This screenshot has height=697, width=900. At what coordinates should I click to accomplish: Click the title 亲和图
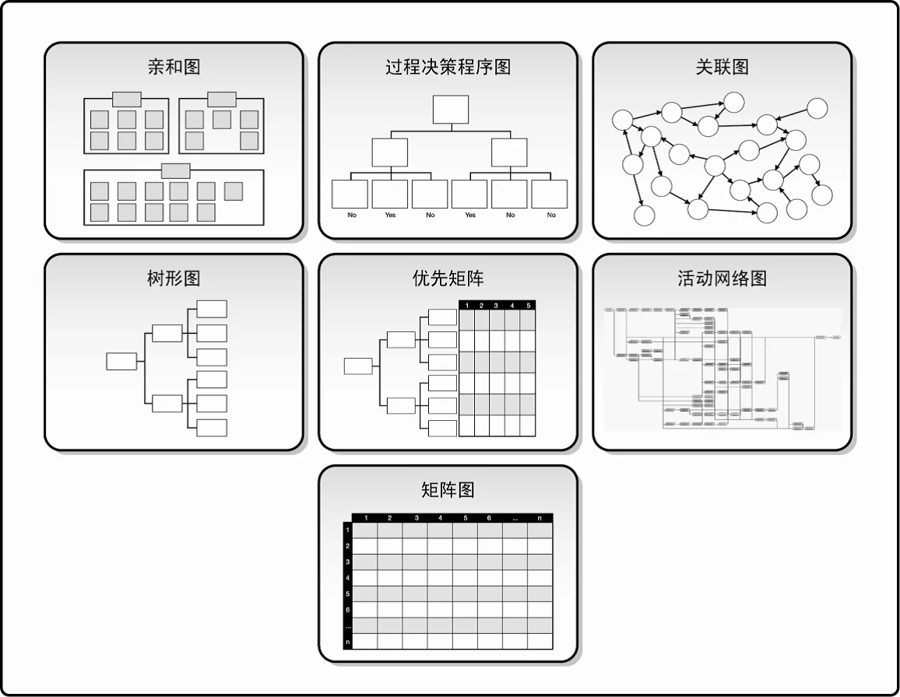click(x=174, y=66)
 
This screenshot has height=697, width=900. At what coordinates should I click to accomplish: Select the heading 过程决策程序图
click(x=448, y=66)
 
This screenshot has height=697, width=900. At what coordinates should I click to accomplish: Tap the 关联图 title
click(x=722, y=66)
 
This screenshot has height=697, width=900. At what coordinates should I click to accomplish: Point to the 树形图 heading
click(x=174, y=278)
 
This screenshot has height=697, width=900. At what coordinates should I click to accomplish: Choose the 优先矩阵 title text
click(x=448, y=278)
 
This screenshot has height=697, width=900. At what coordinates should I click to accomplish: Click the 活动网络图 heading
click(x=722, y=278)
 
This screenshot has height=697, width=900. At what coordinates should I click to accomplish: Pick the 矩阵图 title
click(x=448, y=489)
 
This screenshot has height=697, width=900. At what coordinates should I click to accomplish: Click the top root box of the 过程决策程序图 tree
click(x=450, y=110)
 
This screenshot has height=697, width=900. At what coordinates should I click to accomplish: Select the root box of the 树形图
click(x=121, y=361)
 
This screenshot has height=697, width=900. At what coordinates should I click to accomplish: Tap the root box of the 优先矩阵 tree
click(x=358, y=366)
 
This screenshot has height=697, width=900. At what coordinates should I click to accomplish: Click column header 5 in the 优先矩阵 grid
click(x=528, y=305)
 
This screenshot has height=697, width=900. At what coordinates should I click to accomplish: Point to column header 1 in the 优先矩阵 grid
click(x=466, y=305)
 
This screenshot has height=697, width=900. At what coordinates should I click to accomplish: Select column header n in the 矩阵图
click(x=540, y=518)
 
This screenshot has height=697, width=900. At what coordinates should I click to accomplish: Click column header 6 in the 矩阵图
click(x=489, y=518)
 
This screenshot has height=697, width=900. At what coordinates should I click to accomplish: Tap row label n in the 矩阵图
click(x=347, y=642)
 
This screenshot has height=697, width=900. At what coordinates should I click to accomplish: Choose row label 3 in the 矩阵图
click(x=347, y=562)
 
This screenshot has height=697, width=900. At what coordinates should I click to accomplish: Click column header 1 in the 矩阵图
click(x=365, y=518)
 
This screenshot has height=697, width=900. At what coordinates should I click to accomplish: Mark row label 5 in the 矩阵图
click(x=347, y=594)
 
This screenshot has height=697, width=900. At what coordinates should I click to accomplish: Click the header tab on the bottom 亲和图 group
click(x=175, y=170)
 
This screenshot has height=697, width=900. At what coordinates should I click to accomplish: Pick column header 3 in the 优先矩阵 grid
click(x=497, y=305)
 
